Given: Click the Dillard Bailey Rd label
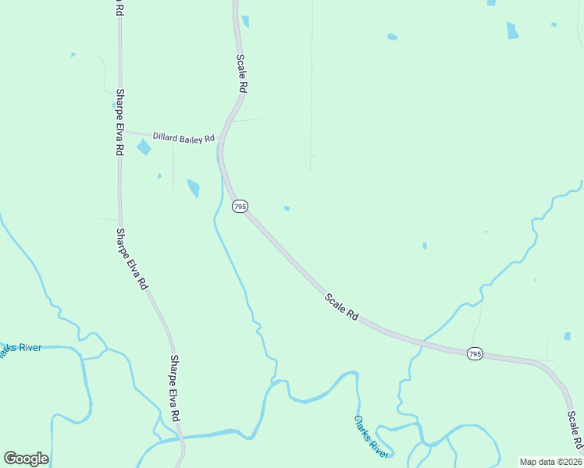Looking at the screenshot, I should tap(183, 138).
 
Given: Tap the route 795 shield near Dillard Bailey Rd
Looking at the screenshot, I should tap(240, 206).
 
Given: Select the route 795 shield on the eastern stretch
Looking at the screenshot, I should tap(475, 354).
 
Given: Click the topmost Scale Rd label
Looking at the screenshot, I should tap(243, 74).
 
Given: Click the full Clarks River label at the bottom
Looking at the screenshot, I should tap(371, 436).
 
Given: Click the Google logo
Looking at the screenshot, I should tap(26, 459).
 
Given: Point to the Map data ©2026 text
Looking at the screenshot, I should tap(550, 462).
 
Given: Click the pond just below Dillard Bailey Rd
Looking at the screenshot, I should tap(144, 147).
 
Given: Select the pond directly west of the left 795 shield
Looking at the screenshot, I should tap(194, 188).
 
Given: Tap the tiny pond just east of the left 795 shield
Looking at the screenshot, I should tap(287, 208).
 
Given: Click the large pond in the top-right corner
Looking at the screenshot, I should tap(512, 30).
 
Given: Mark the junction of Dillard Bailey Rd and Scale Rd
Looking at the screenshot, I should tap(221, 140).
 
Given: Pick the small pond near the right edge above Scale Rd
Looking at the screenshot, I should tap(567, 336).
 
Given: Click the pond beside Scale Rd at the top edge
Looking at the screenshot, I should tap(245, 21).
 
